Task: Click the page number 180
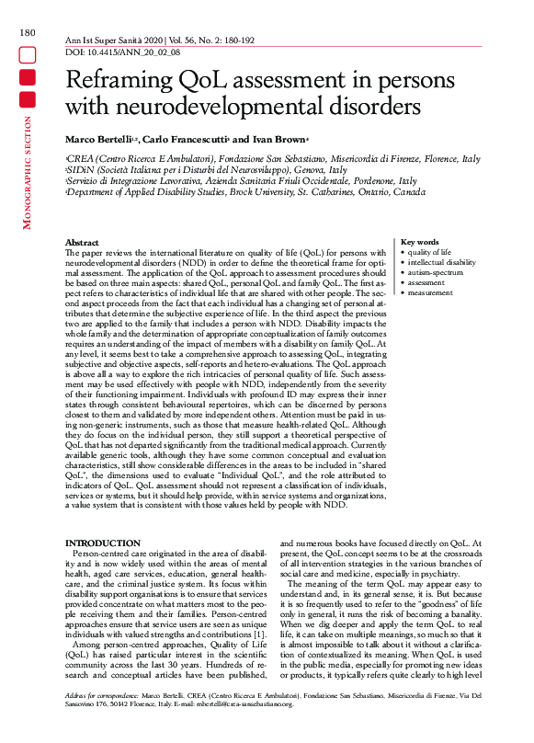27,34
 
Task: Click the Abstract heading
83,242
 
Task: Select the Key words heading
421,242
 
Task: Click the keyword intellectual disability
442,262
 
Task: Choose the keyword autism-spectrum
436,272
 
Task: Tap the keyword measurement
430,292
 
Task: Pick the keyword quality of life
429,252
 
